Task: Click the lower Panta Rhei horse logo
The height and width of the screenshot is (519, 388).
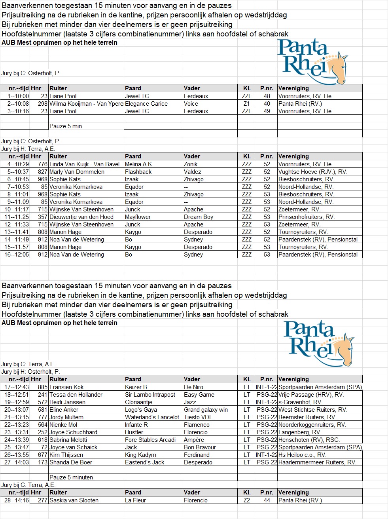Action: point(318,338)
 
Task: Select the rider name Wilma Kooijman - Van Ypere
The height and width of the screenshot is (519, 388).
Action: point(86,104)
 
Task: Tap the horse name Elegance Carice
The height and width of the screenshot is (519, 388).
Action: point(146,104)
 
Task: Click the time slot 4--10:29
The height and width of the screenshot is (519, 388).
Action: point(18,164)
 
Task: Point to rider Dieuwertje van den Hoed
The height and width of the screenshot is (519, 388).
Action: point(81,217)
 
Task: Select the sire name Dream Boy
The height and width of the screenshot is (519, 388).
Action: point(199,217)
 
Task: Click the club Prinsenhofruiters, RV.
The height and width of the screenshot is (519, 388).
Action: point(307,217)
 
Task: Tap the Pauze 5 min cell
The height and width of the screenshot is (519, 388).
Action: point(66,126)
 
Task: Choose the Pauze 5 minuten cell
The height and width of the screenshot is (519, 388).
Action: point(71,477)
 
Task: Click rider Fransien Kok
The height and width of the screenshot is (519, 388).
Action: point(66,387)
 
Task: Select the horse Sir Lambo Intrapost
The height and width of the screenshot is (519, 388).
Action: point(150,395)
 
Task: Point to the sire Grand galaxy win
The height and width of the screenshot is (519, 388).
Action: point(206,410)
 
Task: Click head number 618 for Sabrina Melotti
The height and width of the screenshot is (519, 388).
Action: point(43,440)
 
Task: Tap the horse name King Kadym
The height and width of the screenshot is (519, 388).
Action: point(140,455)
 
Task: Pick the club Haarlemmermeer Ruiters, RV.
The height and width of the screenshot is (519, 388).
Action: point(317,462)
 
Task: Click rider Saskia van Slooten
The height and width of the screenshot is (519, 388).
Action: point(74,500)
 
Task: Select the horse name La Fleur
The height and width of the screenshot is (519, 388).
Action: point(135,500)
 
